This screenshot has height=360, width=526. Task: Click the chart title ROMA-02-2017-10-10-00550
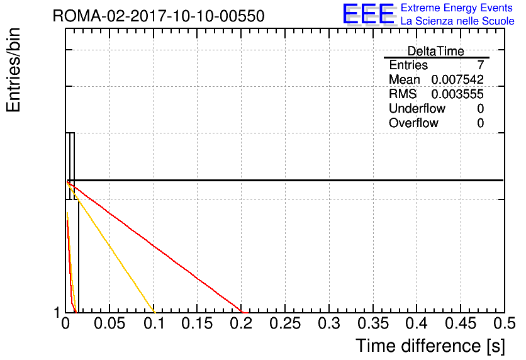point(159,16)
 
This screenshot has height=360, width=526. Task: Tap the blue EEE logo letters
point(369,14)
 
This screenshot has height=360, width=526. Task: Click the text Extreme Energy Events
point(457,8)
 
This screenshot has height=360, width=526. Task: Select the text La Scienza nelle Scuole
point(457,21)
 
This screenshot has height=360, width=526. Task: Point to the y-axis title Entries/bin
point(13,70)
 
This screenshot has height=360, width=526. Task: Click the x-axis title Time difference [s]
point(430,346)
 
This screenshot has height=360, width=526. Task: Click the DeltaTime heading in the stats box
point(436,51)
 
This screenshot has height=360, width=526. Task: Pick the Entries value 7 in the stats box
point(481,65)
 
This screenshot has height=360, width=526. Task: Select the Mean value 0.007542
point(457,79)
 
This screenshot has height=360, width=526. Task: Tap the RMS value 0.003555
point(457,94)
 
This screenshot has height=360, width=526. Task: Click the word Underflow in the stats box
point(417,108)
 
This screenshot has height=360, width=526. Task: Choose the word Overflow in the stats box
point(413,123)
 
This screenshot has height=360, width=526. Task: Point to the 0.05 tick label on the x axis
point(109,323)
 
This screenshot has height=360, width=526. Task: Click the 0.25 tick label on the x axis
point(285,323)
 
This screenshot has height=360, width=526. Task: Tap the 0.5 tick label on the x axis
point(504,323)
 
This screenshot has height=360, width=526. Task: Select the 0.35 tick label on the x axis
point(373,323)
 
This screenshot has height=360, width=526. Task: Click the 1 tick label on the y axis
point(57,313)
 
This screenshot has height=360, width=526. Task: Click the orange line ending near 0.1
point(111,247)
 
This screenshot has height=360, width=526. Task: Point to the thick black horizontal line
point(285,181)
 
